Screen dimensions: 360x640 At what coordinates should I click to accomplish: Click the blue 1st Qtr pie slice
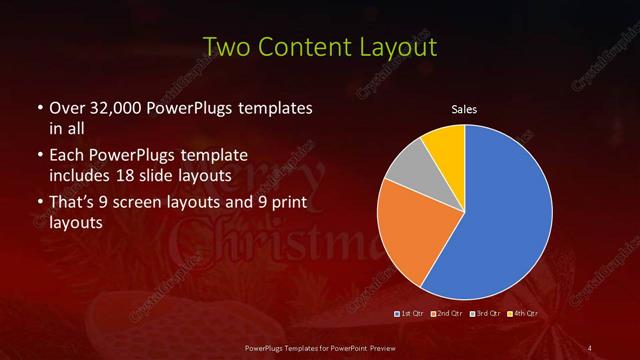pyautogui.click(x=505, y=215)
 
